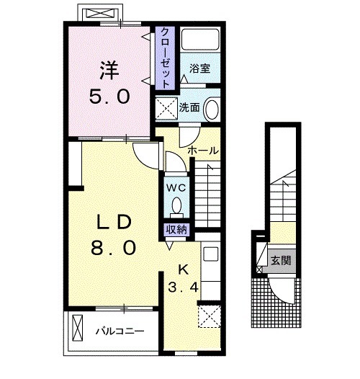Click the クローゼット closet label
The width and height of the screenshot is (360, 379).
(x=165, y=58)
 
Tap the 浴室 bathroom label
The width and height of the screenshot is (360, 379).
(x=199, y=68)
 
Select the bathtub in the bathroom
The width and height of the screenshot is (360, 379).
(x=200, y=40)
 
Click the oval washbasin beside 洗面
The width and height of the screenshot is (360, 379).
(x=212, y=108)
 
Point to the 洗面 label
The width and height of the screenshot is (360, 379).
(x=189, y=107)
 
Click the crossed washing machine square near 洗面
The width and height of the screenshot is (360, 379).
(x=166, y=108)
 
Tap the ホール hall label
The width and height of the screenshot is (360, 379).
(x=203, y=151)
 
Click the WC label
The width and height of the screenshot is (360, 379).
(x=176, y=187)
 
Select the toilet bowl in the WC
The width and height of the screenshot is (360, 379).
(x=176, y=205)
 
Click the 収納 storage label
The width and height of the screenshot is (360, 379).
(x=176, y=229)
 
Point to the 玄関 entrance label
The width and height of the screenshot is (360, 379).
(x=281, y=261)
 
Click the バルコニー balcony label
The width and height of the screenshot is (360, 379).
(x=120, y=331)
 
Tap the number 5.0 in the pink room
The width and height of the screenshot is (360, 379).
(x=109, y=97)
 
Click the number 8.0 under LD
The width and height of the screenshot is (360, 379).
(x=113, y=248)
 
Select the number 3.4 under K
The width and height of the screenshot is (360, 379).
(x=183, y=287)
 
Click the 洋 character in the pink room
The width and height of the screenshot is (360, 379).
(x=109, y=71)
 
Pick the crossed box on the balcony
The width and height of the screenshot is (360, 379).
(x=78, y=328)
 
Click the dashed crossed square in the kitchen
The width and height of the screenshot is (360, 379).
(x=210, y=316)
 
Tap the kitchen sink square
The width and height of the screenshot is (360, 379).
(x=211, y=254)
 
